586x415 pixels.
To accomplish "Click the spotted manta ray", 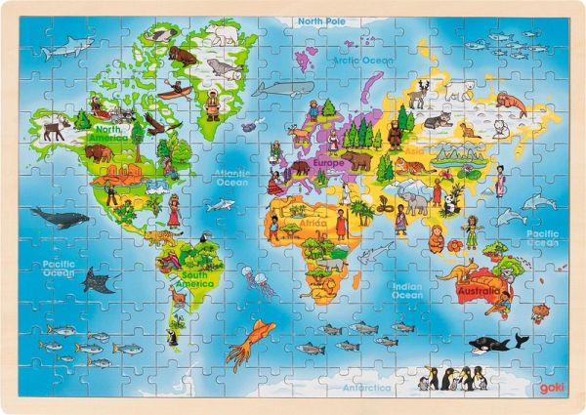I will click(95, 282).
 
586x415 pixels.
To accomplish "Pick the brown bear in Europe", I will click(356, 160).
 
